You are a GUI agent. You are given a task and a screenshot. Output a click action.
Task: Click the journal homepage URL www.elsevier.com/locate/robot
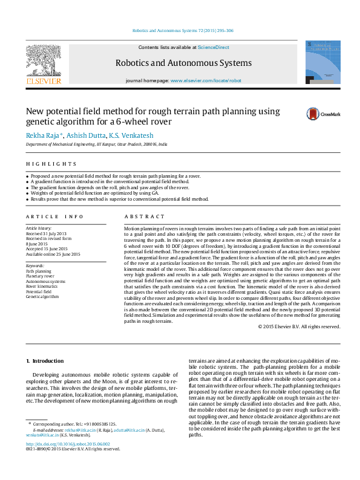tap(206, 80)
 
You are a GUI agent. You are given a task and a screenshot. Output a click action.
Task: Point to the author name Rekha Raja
tap(43, 135)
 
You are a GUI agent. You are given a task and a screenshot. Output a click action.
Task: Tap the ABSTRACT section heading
tap(144, 216)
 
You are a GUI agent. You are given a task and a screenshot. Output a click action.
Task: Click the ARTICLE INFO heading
tap(54, 216)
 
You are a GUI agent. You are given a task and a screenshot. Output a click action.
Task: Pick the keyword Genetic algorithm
tap(42, 297)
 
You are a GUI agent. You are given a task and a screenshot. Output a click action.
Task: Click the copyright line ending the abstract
tap(299, 326)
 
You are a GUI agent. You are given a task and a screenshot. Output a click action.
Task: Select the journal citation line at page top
tap(182, 30)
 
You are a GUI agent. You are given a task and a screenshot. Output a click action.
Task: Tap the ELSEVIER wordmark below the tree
tap(43, 80)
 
